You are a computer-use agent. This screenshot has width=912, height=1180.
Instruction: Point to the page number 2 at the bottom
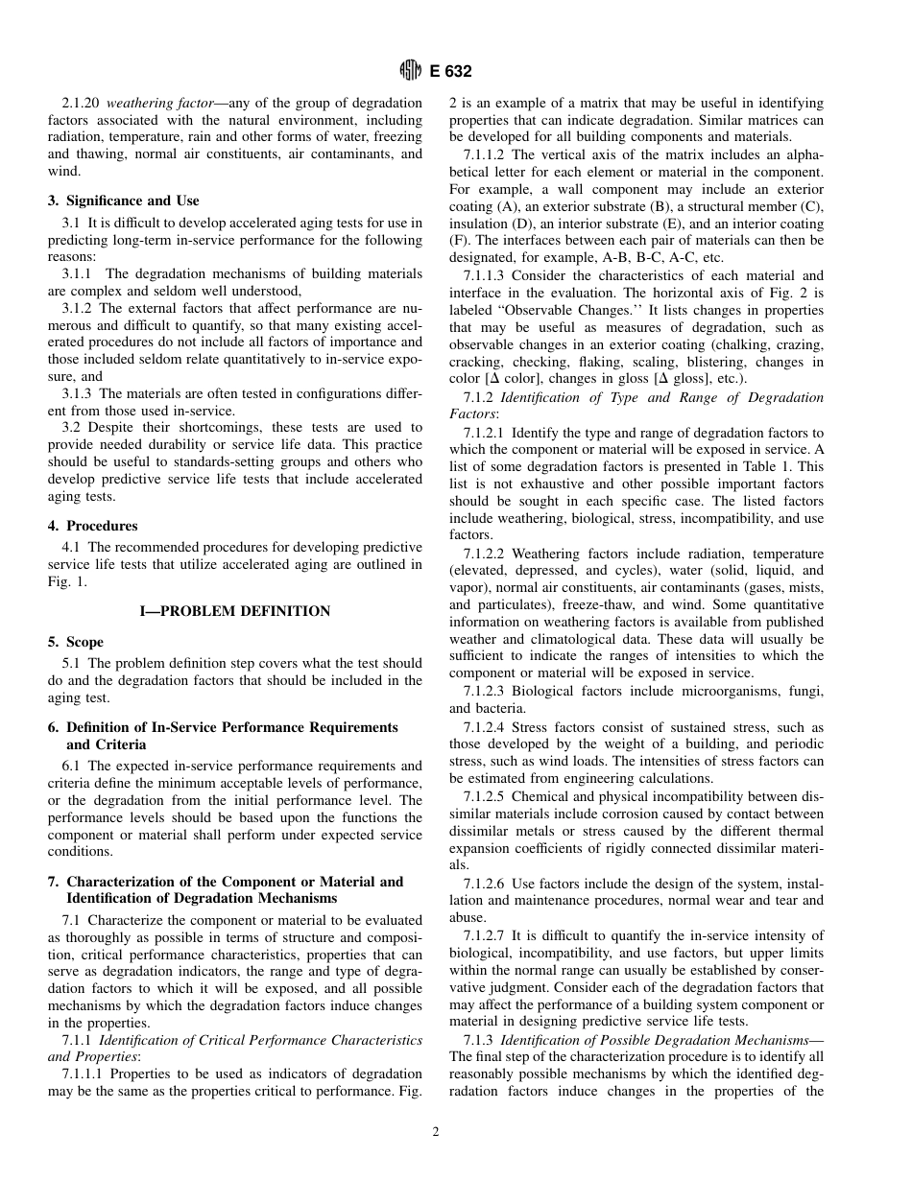pos(436,1132)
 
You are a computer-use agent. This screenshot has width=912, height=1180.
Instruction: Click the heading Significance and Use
pos(132,201)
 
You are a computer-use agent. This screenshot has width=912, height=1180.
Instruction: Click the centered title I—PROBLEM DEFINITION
pos(235,611)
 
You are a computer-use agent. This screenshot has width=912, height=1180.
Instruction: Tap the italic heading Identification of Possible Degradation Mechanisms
pos(655,1039)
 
